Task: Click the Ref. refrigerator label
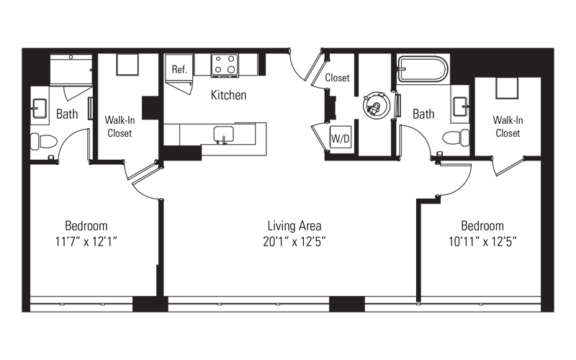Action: click(179, 69)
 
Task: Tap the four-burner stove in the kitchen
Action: click(225, 66)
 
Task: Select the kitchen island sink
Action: click(223, 135)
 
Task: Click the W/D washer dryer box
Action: click(341, 137)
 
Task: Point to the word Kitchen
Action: click(228, 95)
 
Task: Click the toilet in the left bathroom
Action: click(44, 141)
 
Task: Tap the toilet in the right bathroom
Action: click(456, 138)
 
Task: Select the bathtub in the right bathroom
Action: click(423, 68)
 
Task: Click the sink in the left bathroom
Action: click(40, 109)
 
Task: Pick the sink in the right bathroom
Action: click(461, 107)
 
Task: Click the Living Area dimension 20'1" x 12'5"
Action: click(294, 242)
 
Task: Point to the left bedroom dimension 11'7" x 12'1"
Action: click(86, 242)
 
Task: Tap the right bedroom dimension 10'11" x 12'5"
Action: click(482, 242)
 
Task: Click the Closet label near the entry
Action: click(337, 78)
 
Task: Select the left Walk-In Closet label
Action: click(120, 127)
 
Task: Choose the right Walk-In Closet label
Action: click(508, 127)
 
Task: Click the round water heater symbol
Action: click(376, 105)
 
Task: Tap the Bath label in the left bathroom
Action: click(67, 114)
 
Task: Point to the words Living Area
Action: click(294, 225)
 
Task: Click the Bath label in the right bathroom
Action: click(423, 114)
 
